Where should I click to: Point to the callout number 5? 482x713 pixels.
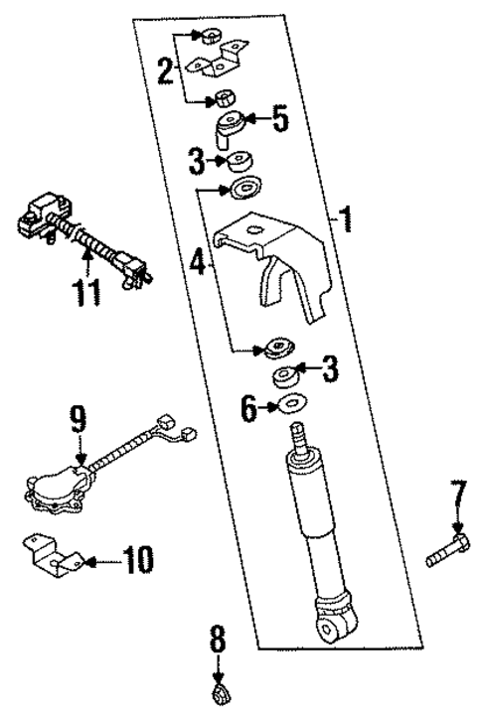tap(280, 122)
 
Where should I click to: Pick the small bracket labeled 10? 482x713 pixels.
tap(55, 559)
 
